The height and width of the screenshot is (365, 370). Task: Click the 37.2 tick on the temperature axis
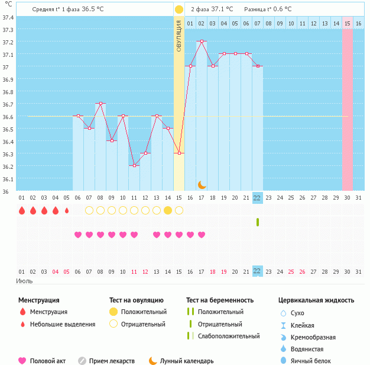point(8,42)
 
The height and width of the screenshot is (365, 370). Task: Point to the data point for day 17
point(202,41)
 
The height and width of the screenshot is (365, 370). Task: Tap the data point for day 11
point(134,166)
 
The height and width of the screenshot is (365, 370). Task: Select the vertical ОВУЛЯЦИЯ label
point(179,36)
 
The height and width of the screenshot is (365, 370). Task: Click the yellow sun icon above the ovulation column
point(179,9)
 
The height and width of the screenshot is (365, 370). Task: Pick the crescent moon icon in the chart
point(202,184)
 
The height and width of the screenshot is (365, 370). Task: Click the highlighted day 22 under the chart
point(257,198)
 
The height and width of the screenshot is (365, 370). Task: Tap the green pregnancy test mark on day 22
point(258,222)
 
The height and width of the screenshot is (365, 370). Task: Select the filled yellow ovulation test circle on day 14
point(168,210)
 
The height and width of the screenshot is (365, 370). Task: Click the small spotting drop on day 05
point(67,210)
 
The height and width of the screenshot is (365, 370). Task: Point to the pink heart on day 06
point(78,235)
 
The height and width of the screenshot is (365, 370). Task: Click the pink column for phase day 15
point(348,107)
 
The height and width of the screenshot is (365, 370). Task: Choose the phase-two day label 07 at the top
point(257,23)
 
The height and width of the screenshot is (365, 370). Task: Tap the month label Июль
point(24,280)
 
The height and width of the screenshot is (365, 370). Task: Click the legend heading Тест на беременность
point(220,300)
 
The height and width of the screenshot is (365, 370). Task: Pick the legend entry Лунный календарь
point(187,361)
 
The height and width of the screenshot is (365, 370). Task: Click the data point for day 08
point(100,104)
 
